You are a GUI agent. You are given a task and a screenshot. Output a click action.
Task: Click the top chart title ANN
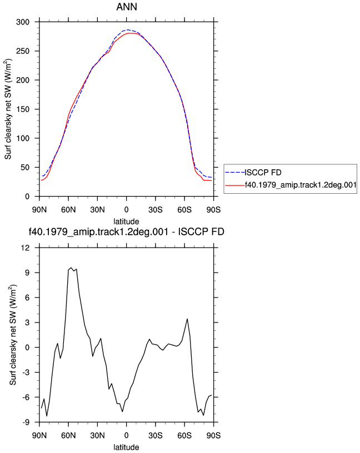[127, 7]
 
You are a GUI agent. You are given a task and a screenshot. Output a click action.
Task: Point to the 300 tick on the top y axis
[23, 22]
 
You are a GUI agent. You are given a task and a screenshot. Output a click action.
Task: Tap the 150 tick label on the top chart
[23, 109]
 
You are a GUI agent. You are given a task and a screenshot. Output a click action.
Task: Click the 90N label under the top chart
[39, 210]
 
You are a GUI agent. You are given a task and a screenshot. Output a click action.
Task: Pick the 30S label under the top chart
[156, 210]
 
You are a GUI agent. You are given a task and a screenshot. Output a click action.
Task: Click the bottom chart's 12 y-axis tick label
[26, 248]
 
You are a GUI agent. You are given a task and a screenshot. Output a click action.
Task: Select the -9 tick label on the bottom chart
[26, 422]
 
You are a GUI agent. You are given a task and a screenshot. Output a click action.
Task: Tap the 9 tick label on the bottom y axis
[27, 273]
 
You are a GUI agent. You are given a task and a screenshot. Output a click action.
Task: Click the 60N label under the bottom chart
[68, 435]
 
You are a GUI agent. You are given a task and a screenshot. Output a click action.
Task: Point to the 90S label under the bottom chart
[213, 435]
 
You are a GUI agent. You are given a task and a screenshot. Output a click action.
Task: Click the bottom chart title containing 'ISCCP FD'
[126, 231]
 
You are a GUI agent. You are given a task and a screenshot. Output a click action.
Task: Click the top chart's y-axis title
[8, 109]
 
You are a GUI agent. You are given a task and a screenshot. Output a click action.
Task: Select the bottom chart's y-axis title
[13, 335]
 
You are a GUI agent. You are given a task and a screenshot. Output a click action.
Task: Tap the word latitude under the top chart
[126, 222]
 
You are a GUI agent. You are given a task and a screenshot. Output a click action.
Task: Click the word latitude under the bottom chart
[126, 447]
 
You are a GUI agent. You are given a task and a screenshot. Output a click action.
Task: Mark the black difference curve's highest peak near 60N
[71, 268]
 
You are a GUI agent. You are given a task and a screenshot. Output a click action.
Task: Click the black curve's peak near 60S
[187, 319]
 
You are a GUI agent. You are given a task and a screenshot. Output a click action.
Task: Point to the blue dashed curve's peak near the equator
[128, 29]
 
